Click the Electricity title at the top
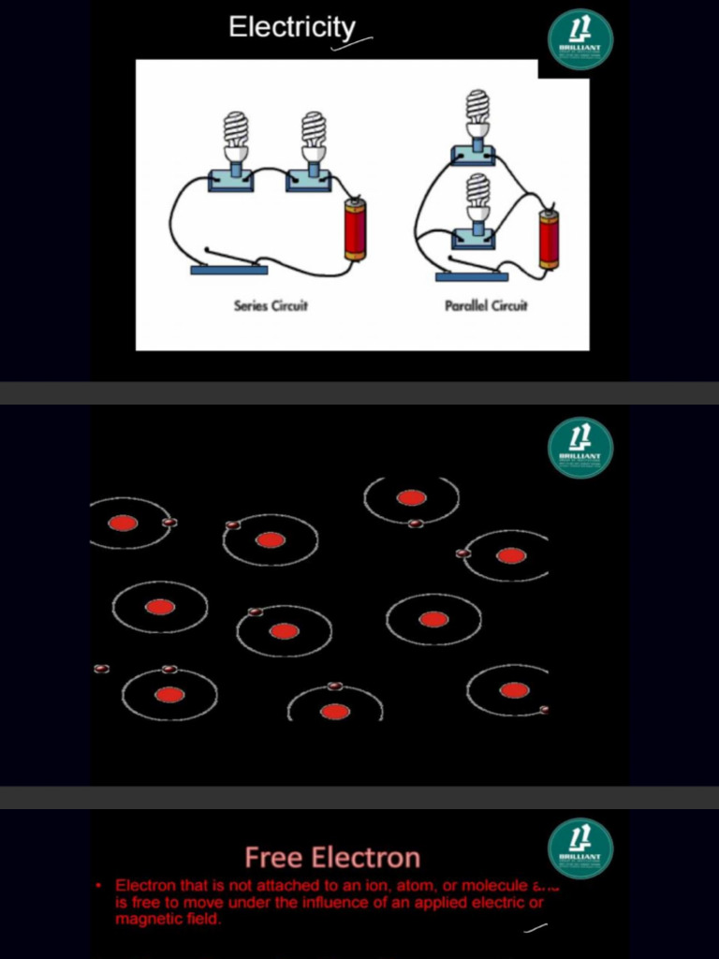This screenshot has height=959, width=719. click(x=292, y=27)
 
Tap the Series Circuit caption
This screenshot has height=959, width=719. click(x=271, y=306)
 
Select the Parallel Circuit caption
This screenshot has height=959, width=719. click(x=486, y=306)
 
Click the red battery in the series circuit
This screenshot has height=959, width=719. click(x=355, y=229)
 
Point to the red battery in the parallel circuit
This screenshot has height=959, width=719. click(x=549, y=239)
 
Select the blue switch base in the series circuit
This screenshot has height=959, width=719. click(x=229, y=270)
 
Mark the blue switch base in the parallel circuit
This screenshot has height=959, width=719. click(x=472, y=276)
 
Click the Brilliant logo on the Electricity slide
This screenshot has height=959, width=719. click(x=580, y=39)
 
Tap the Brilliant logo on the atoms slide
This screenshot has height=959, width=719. click(x=580, y=447)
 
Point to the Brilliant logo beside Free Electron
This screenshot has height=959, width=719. click(x=580, y=848)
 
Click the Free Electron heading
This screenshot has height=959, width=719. click(x=332, y=857)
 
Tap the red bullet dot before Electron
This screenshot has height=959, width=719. click(x=98, y=885)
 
